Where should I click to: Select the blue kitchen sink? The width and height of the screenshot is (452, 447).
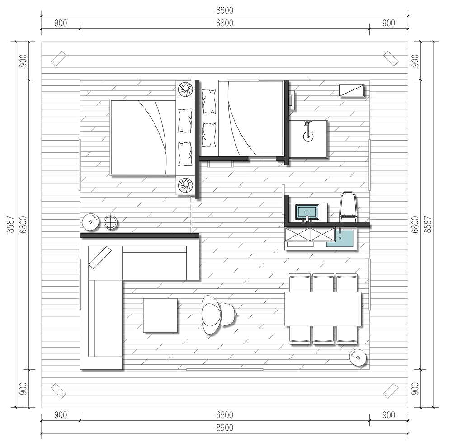pos(340,238)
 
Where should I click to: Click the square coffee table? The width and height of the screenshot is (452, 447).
pos(160,315)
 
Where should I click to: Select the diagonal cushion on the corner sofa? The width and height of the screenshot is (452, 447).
pos(100,257)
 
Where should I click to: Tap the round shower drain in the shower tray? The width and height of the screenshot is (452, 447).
pos(308,136)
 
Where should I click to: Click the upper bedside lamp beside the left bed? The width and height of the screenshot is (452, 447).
pos(185,89)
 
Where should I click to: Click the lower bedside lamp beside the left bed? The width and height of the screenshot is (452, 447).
pos(185,185)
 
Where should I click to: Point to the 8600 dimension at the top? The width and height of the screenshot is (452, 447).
pos(225,10)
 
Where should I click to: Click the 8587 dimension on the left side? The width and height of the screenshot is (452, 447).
pos(10,225)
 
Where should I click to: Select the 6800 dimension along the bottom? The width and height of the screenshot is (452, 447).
pos(225,415)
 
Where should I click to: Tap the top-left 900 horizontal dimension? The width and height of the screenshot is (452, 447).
pos(61,23)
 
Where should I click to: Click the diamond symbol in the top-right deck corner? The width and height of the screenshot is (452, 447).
pos(391,58)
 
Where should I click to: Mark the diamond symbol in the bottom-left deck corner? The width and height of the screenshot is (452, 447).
pos(58,391)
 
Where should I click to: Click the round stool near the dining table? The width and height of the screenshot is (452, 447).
pos(358,358)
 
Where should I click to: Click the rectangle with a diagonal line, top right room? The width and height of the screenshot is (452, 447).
pos(351,90)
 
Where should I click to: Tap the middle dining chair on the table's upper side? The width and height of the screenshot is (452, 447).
pos(323,283)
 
